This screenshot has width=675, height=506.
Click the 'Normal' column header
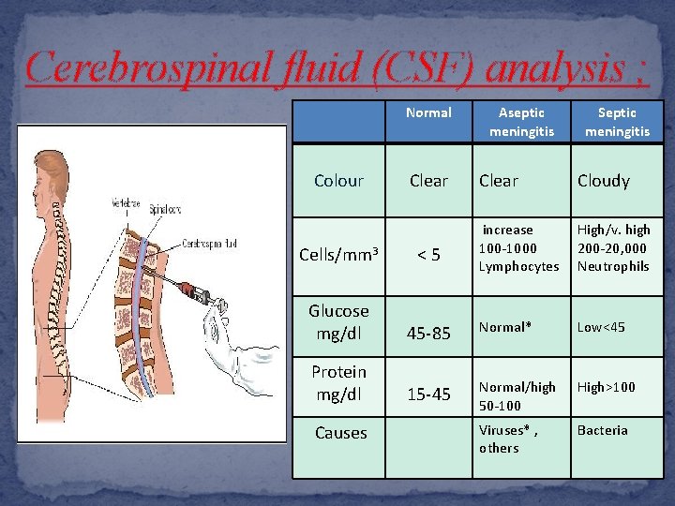click(x=428, y=112)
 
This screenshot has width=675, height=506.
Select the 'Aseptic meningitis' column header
click(x=520, y=122)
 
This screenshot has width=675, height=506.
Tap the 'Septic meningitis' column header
click(x=617, y=122)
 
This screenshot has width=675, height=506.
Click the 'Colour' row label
click(x=338, y=181)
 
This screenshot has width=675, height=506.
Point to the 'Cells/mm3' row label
click(x=338, y=253)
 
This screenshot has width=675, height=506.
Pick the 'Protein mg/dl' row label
click(x=338, y=382)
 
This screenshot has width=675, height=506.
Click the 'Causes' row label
click(x=340, y=433)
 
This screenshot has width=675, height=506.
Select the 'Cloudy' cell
click(x=604, y=181)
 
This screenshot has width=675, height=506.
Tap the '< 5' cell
click(x=429, y=253)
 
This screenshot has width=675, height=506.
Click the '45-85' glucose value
click(x=429, y=333)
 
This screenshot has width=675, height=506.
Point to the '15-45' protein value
click(x=429, y=394)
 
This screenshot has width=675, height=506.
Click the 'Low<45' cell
click(x=601, y=327)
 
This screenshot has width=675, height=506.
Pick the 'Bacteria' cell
click(x=603, y=430)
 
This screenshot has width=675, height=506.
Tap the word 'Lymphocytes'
click(x=518, y=266)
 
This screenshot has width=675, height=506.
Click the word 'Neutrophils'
click(x=613, y=266)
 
